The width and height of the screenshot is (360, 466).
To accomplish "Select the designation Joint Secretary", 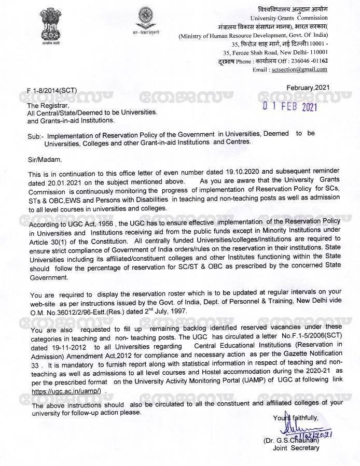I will pyautogui.click(x=296, y=448).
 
